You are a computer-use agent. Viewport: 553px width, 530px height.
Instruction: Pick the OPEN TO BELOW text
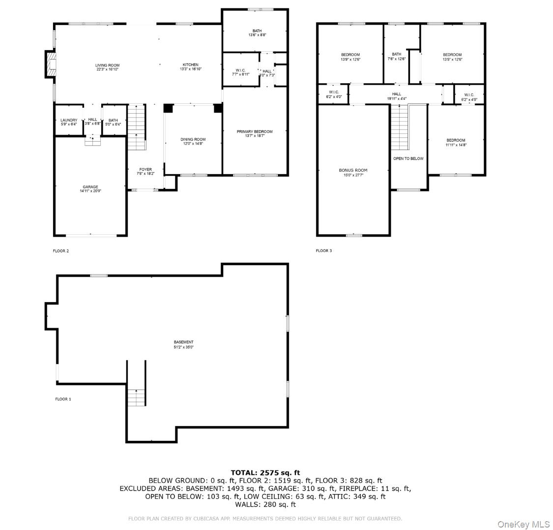(408, 158)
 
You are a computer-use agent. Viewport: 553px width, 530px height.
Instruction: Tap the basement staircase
(137, 397)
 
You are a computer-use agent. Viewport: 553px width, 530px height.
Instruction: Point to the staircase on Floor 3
(400, 127)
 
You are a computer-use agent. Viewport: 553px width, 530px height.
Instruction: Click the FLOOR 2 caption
(61, 251)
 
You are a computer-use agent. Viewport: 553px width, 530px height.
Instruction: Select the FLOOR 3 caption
(324, 251)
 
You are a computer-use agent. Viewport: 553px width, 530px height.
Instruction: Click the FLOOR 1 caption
(63, 399)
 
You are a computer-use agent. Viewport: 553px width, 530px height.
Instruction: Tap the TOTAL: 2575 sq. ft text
(265, 473)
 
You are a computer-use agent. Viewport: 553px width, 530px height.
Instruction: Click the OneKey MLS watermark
(524, 524)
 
